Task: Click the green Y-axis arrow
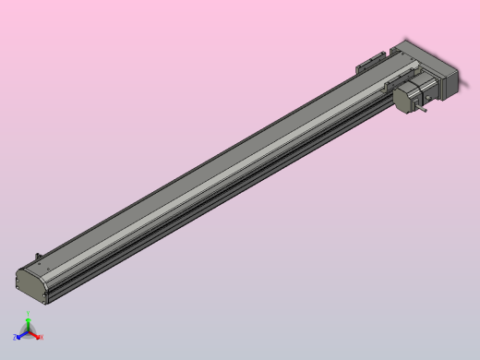(28, 324)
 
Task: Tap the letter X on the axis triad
(42, 337)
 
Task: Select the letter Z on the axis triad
(15, 338)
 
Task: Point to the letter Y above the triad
(28, 316)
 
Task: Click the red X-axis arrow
(35, 334)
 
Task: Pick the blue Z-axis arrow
(21, 335)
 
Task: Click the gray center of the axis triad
(28, 332)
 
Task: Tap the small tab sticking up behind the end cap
(39, 256)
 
